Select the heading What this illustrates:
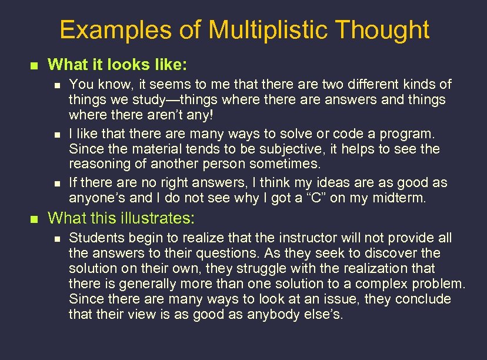(121, 218)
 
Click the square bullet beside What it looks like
(34, 64)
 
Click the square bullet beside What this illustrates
(34, 219)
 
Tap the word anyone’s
(96, 198)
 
